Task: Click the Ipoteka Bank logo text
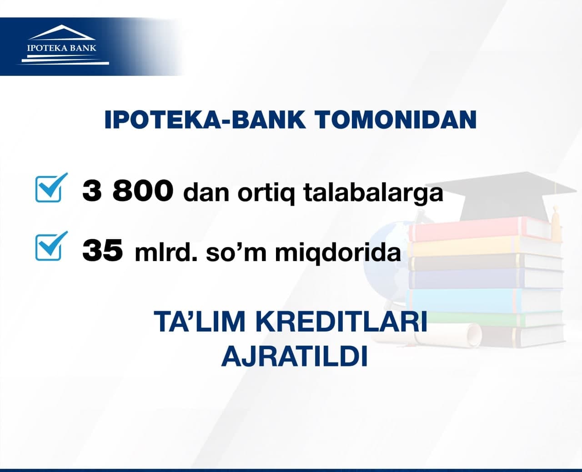point(62,48)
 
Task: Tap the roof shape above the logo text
point(62,32)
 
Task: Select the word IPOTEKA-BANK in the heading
point(205,120)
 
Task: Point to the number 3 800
point(128,191)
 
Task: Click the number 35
point(103,250)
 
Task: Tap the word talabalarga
point(373,193)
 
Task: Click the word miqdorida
point(338,252)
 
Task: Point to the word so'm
point(236,252)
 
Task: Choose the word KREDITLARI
point(341,321)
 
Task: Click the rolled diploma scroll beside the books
point(426,335)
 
